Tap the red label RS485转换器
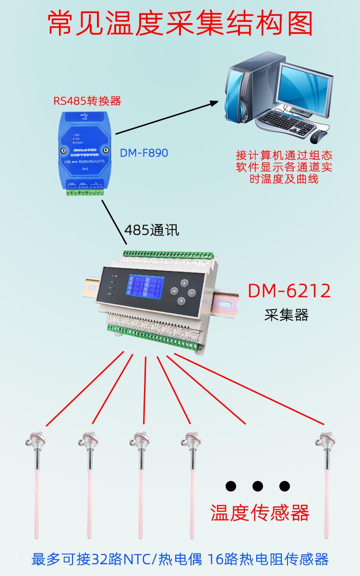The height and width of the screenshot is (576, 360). [87, 101]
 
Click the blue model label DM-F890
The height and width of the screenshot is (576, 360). [144, 153]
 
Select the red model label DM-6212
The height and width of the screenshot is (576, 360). [289, 291]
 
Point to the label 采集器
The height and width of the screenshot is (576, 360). [286, 315]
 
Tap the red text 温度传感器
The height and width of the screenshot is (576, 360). [260, 512]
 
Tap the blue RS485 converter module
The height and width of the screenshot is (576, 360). [84, 149]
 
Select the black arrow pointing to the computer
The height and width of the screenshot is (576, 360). [166, 118]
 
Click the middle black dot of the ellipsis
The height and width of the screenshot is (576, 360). [258, 486]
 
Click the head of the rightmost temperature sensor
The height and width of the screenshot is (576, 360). [324, 439]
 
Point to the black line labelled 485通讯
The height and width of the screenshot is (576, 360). [113, 222]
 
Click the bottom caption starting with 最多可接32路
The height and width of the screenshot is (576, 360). [180, 560]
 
